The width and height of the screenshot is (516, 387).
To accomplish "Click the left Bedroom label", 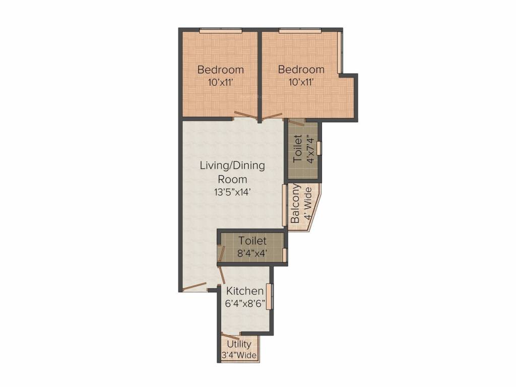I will pos(220,70).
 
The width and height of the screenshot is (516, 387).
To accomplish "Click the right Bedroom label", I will pos(301,70).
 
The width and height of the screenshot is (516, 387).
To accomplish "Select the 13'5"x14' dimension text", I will pos(232,191).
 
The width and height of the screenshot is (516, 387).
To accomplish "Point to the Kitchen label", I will pos(244,291).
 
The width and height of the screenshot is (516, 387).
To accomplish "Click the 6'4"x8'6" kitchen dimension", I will pos(244,304).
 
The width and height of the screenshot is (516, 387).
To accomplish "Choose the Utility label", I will pos(239,344).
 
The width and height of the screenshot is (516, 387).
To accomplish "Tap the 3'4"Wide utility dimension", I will pos(239,356).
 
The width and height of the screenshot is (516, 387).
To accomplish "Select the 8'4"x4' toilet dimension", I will pos(252,253).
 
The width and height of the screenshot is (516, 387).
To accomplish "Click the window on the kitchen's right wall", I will pos(270,296).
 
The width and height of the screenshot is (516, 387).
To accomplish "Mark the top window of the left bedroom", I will pos(220,31).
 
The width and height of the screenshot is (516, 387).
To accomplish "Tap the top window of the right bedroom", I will pos(300,31).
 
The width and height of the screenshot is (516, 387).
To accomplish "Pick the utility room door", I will pos(230,337).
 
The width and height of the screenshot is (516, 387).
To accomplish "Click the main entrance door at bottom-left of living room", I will pos(195,287).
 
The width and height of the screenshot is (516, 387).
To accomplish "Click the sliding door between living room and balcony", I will pos(285,206).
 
